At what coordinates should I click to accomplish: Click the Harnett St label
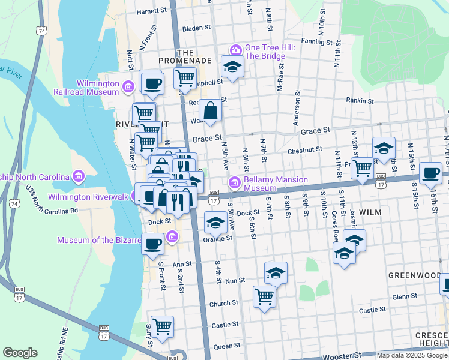[x=151, y=11]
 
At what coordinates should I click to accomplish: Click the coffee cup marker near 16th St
[x=430, y=173]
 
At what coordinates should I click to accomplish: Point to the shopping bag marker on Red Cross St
[x=211, y=110]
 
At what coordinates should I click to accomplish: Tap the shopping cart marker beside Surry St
[x=162, y=326]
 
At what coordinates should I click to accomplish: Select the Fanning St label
[x=317, y=42]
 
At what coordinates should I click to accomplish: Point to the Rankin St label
[x=360, y=101]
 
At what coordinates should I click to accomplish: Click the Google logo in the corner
[x=20, y=353]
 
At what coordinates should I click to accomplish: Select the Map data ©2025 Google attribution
[x=412, y=355]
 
